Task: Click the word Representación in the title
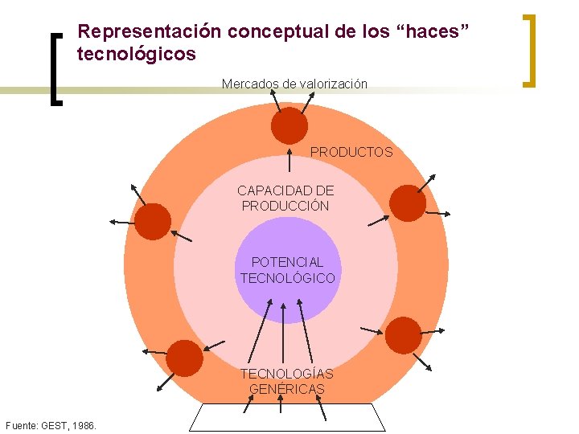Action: coord(150,32)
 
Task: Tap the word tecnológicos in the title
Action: coord(136,55)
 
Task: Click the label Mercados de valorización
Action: coord(294,84)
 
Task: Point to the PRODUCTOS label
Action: coord(351,152)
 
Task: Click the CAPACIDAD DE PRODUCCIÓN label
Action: coord(285,198)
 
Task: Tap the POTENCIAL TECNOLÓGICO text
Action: coord(287,270)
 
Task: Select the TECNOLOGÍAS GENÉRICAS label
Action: coord(286,382)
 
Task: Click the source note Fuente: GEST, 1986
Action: coord(51,424)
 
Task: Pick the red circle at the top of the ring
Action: coord(289,126)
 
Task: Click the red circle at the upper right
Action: coord(408,203)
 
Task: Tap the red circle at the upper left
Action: coord(153,221)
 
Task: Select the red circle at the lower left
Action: coord(185,358)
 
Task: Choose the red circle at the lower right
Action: coord(403,335)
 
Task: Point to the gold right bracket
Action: coord(528,49)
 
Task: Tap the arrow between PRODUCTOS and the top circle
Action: coord(289,158)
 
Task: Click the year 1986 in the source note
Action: coord(83,424)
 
